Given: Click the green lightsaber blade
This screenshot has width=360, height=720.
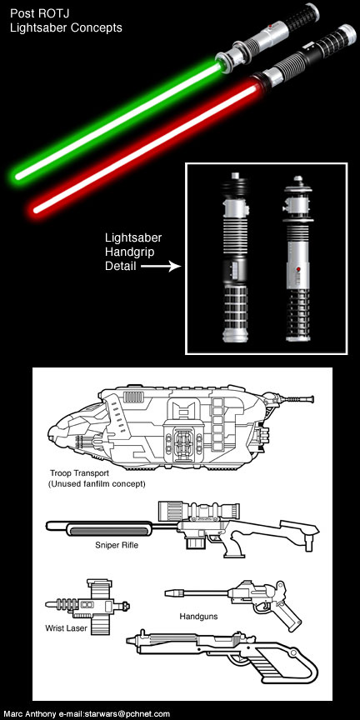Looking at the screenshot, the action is (x=117, y=120).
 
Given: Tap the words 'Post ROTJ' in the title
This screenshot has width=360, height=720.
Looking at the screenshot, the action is (x=37, y=13).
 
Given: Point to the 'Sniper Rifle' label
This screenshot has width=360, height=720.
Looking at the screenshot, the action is (x=117, y=546).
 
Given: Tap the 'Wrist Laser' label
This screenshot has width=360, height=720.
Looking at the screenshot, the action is (x=66, y=628).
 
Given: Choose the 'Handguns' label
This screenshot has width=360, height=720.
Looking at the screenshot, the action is (x=198, y=616).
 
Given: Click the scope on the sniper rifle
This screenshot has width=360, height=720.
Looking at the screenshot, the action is (x=197, y=511).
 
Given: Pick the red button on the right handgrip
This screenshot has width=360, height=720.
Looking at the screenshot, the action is (x=297, y=267).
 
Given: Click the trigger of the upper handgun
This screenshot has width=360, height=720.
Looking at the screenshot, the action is (x=261, y=606).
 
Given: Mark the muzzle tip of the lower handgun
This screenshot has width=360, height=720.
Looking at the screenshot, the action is (x=128, y=640).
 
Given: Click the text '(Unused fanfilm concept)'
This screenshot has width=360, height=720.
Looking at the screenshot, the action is (x=97, y=483).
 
